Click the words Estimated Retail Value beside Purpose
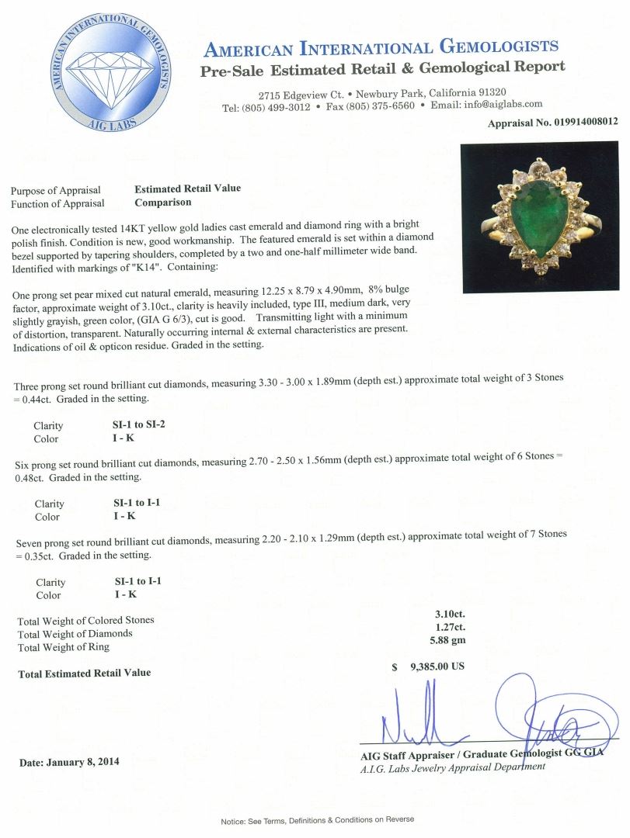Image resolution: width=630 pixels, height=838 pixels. coord(188,189)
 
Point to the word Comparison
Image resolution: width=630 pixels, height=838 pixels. coord(162,203)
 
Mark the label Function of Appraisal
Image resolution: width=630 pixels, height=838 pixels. coord(57,203)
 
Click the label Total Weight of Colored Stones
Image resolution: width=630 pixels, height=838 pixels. coord(85,620)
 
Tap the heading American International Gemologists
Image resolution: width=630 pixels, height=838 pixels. coord(381,49)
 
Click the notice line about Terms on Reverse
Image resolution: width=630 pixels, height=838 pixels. coord(318,819)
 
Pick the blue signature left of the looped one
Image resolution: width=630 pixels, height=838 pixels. coord(419,722)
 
